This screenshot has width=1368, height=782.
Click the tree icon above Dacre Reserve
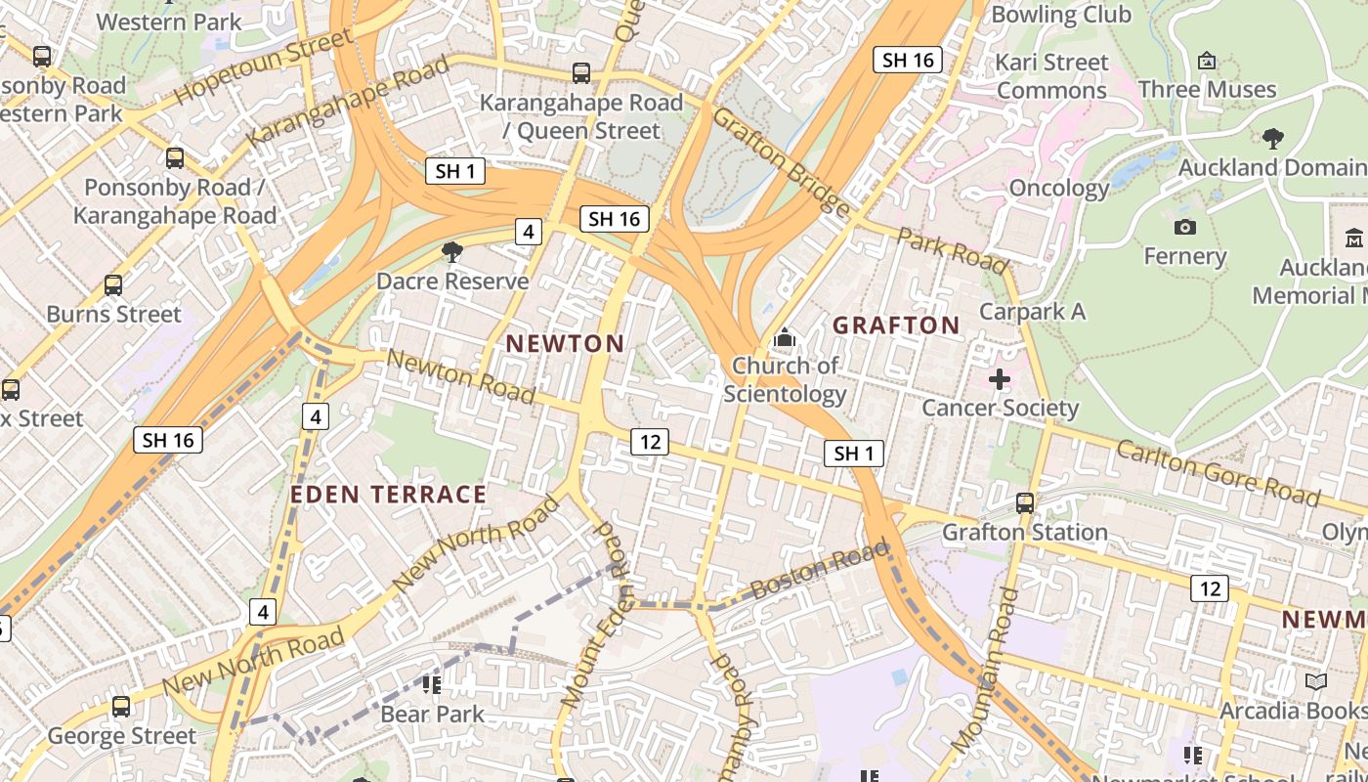point(451,253)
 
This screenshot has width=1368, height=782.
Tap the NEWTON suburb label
point(566,343)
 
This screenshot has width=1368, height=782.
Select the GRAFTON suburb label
point(896,326)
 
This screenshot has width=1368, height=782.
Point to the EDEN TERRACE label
point(388,495)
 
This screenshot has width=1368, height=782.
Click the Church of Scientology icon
point(784,339)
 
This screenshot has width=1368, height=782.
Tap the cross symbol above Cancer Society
point(999,378)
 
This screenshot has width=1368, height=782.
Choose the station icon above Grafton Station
point(1024,503)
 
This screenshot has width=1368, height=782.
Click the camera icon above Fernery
point(1184,227)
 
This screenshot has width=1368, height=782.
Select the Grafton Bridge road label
point(781,160)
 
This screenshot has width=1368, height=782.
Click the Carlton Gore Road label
point(1218,473)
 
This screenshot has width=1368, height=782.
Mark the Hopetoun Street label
point(263,66)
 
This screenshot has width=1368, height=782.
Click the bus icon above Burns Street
point(113,285)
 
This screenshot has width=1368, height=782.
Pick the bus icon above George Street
point(121,706)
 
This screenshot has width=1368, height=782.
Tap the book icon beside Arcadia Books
point(1316,681)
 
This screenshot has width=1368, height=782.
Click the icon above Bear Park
point(431,684)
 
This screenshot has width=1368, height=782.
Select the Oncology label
point(1059,188)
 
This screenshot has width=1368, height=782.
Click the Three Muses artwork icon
point(1207,61)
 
